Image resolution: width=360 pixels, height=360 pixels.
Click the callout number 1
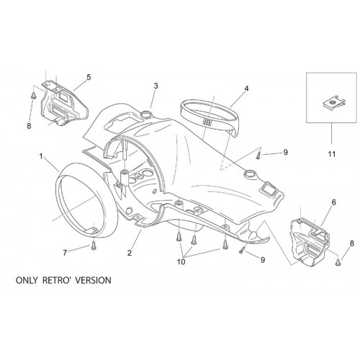tap(41, 157)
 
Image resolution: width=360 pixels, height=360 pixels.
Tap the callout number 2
tap(130, 253)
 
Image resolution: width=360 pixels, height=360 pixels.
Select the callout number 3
tap(156, 86)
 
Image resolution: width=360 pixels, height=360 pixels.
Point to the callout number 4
tap(246, 89)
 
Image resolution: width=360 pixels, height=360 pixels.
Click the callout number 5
tap(89, 77)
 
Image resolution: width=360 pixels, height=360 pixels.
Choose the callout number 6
tap(333, 202)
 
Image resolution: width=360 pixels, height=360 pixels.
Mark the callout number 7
tap(65, 253)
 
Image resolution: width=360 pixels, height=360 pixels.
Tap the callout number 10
tap(181, 262)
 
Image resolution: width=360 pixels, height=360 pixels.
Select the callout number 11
tap(332, 154)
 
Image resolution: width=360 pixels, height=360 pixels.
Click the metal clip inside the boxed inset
tap(331, 104)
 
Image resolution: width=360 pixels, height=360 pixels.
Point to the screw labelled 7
tap(94, 246)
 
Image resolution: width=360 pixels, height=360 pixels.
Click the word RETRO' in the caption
tap(56, 280)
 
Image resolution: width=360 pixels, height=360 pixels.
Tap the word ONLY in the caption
tap(27, 280)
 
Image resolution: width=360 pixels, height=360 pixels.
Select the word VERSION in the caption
tap(93, 280)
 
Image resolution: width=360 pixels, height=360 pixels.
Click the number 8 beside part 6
tap(352, 243)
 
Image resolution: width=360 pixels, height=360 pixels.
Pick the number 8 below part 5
tap(29, 126)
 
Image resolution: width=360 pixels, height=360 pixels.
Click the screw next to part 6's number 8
tap(338, 262)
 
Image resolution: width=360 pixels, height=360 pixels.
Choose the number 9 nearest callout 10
tap(263, 260)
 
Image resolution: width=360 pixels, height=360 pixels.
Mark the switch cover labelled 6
tap(310, 242)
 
